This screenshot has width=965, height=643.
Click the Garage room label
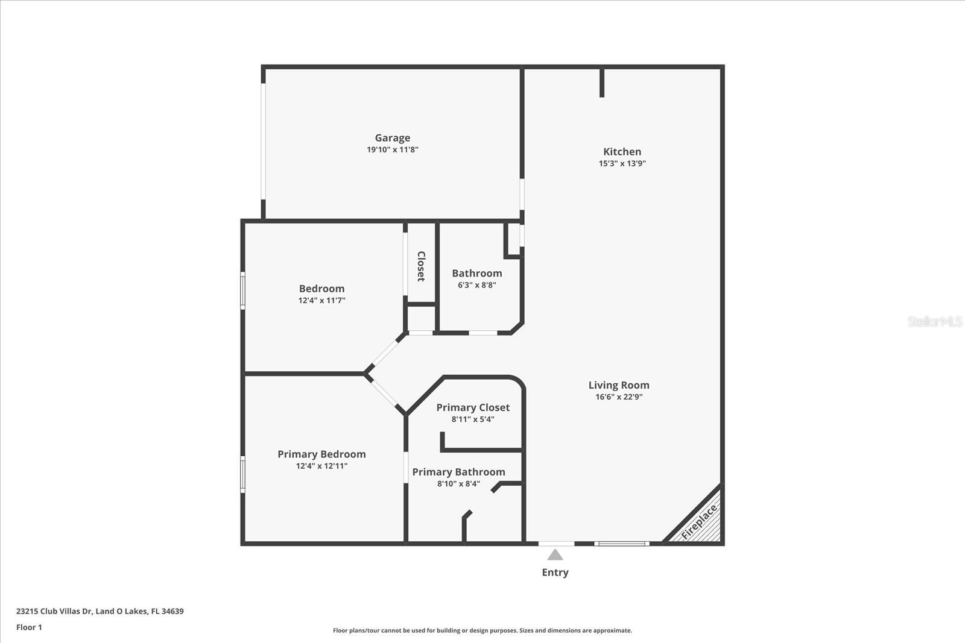click(x=392, y=138)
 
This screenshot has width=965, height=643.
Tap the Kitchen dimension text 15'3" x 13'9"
click(x=622, y=163)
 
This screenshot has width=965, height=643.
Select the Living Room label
click(x=619, y=385)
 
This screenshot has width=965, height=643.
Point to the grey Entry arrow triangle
click(x=555, y=554)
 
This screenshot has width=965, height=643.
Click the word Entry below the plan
click(x=555, y=572)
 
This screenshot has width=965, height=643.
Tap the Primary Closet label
click(x=473, y=408)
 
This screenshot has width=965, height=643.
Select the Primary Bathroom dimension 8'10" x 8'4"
click(x=458, y=483)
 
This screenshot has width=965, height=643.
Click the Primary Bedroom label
click(x=321, y=454)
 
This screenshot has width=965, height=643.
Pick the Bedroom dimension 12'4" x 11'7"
click(x=321, y=300)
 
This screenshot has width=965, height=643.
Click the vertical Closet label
click(x=421, y=266)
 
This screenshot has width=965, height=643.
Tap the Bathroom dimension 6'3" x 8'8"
click(x=476, y=285)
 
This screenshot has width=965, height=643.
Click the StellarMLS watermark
click(x=934, y=322)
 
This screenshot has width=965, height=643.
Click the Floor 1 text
click(x=29, y=627)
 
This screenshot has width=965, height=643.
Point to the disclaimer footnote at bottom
click(x=482, y=630)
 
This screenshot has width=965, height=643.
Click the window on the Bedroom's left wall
click(x=243, y=290)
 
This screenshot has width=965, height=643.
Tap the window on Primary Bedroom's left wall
click(x=243, y=474)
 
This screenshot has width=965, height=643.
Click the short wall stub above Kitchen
click(x=602, y=83)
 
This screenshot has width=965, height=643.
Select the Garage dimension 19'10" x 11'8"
click(x=392, y=149)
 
